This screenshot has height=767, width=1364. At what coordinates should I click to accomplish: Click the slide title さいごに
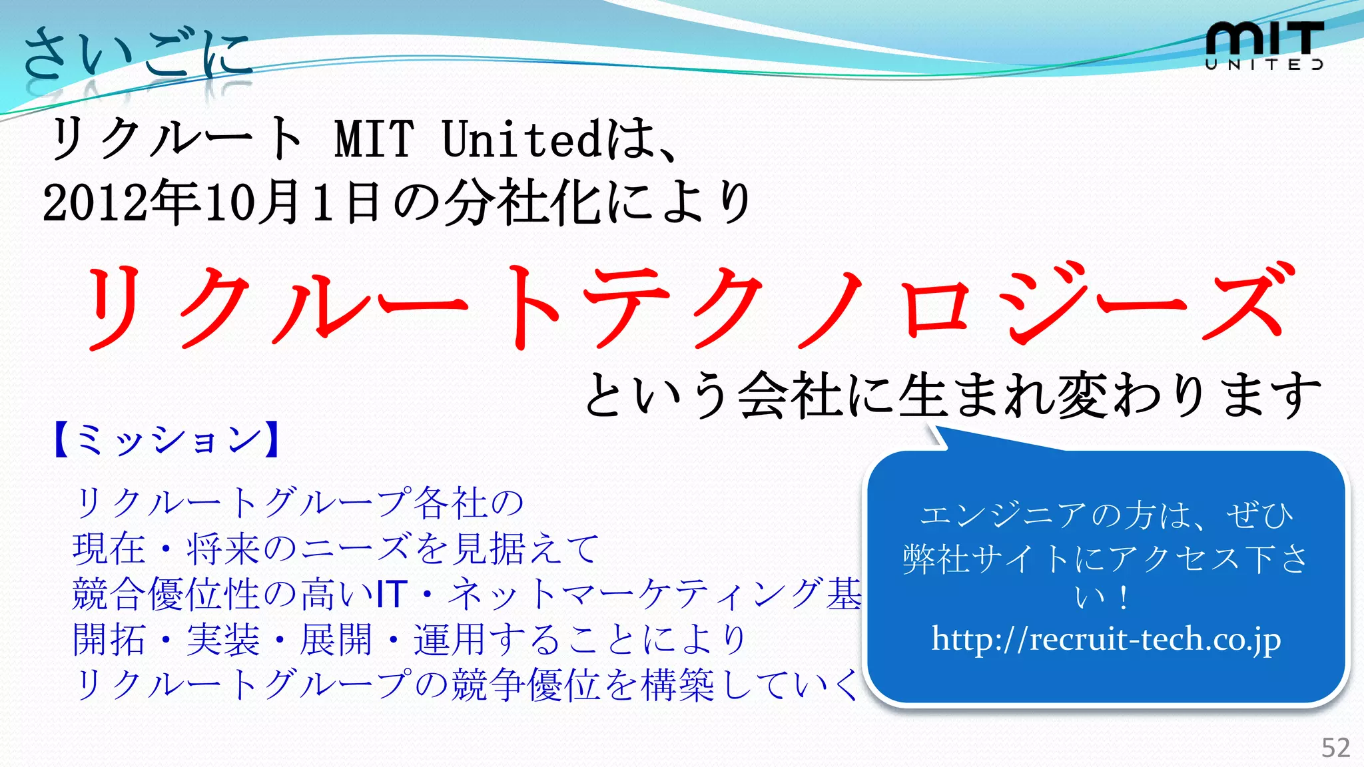[x=137, y=53]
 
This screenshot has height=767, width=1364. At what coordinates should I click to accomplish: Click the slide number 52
[x=1335, y=748]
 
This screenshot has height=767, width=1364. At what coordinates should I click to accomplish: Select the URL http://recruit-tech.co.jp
[x=1106, y=640]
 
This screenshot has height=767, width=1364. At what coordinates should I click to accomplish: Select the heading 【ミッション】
[x=167, y=439]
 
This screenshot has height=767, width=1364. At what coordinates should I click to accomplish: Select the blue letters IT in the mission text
[x=392, y=594]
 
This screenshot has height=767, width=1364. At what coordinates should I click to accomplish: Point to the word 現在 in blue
[x=109, y=549]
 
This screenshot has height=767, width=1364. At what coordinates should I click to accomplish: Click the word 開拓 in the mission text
[x=109, y=640]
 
